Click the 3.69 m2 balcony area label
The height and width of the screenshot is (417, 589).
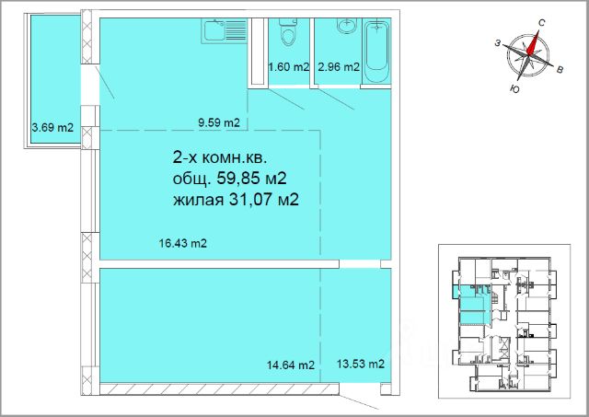pos(52,128)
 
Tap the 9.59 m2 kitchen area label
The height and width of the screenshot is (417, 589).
pos(219,122)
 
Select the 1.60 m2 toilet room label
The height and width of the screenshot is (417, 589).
pos(288,67)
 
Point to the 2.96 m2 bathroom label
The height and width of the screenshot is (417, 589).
pos(339,67)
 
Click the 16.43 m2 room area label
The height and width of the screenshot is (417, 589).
pos(183,243)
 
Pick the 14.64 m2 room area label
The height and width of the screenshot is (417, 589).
pos(291,365)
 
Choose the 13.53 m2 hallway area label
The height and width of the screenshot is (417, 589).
pos(361,364)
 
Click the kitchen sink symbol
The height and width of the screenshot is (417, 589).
pos(225,30)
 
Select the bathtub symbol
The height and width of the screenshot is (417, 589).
pos(376,51)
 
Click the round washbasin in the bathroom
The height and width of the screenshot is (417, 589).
pos(346,26)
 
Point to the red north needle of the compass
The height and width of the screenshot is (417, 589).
pos(534,43)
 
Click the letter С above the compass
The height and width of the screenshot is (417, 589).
pos(541,22)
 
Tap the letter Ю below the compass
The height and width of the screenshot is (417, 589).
pos(515,88)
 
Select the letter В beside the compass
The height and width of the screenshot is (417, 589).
pos(560,69)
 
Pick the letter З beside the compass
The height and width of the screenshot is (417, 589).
pos(497,43)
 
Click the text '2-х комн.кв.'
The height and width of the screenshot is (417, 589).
pos(220,158)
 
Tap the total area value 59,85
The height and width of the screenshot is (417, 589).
pos(238,178)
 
